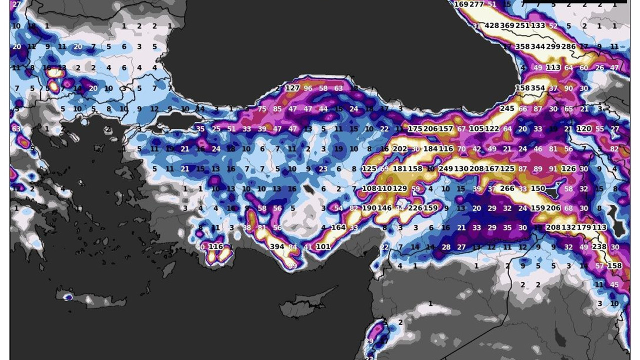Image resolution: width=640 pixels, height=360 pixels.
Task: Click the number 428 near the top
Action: (x=492, y=26)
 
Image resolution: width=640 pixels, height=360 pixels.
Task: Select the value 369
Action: (x=507, y=26)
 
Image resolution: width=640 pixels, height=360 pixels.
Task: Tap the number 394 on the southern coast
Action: (x=277, y=246)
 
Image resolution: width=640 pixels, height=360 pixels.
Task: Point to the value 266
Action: (x=507, y=188)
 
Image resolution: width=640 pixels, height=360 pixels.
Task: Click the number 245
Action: (x=507, y=108)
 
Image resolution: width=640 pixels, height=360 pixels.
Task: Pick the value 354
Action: (x=538, y=88)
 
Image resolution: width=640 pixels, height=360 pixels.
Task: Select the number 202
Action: (x=400, y=148)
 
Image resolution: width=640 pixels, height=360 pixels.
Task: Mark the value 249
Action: (x=445, y=168)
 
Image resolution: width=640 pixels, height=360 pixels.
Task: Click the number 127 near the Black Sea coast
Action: (x=292, y=88)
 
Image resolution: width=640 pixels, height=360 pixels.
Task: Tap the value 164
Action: (x=338, y=227)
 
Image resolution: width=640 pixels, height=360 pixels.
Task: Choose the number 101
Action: (x=323, y=246)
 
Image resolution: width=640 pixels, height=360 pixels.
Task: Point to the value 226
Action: (x=415, y=208)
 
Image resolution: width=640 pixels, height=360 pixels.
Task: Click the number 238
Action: (x=599, y=246)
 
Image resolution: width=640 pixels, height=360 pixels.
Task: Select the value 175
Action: (x=415, y=128)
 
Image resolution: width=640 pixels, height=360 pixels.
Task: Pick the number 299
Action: (x=553, y=46)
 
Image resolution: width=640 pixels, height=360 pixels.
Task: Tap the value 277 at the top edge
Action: (x=476, y=4)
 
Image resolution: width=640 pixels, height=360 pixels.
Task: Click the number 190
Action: (x=369, y=208)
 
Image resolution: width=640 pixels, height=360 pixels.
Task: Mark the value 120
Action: (x=584, y=128)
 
